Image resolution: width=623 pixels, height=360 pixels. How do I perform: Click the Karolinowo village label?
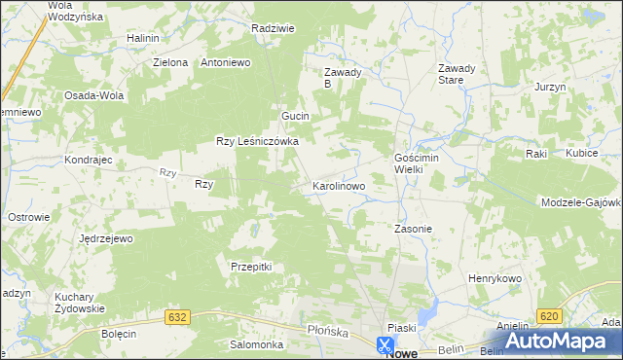pos(338,185)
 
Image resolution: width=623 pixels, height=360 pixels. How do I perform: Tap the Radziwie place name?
pos(273,28)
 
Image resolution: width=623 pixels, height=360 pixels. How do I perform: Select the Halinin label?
pos(142,38)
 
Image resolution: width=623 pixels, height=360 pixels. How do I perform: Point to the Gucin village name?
pos(295,116)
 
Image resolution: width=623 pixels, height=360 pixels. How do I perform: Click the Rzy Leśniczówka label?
pos(257,141)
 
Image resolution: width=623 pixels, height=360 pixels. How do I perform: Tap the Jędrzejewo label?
pos(106,238)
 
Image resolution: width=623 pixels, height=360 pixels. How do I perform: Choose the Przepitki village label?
pos(250,267)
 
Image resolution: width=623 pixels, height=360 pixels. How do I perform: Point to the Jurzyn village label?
pos(550,87)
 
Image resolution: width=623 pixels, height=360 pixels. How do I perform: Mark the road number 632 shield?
pos(176,317)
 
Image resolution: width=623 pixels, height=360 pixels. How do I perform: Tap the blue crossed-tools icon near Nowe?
pos(385,343)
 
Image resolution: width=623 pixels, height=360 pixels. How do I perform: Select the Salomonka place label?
pos(256,344)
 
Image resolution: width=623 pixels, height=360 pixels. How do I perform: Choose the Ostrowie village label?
pos(28,216)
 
